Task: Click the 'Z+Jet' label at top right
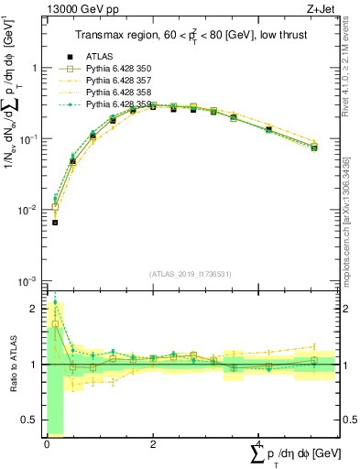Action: click(325, 9)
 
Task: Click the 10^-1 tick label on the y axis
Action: click(28, 139)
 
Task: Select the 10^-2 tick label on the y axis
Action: click(28, 211)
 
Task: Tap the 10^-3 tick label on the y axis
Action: click(28, 281)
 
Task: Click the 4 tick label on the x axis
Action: click(259, 444)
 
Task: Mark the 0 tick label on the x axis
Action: click(46, 444)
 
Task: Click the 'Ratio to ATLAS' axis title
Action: click(12, 364)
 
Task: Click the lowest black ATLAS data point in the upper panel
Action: click(55, 223)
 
